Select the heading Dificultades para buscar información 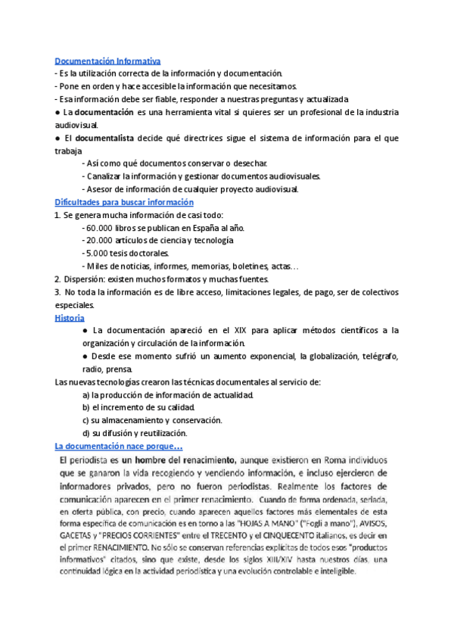coord(124,202)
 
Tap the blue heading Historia coord(70,318)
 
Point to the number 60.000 coord(102,228)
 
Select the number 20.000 coord(102,240)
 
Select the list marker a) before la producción coord(86,394)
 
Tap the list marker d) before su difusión coord(86,433)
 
